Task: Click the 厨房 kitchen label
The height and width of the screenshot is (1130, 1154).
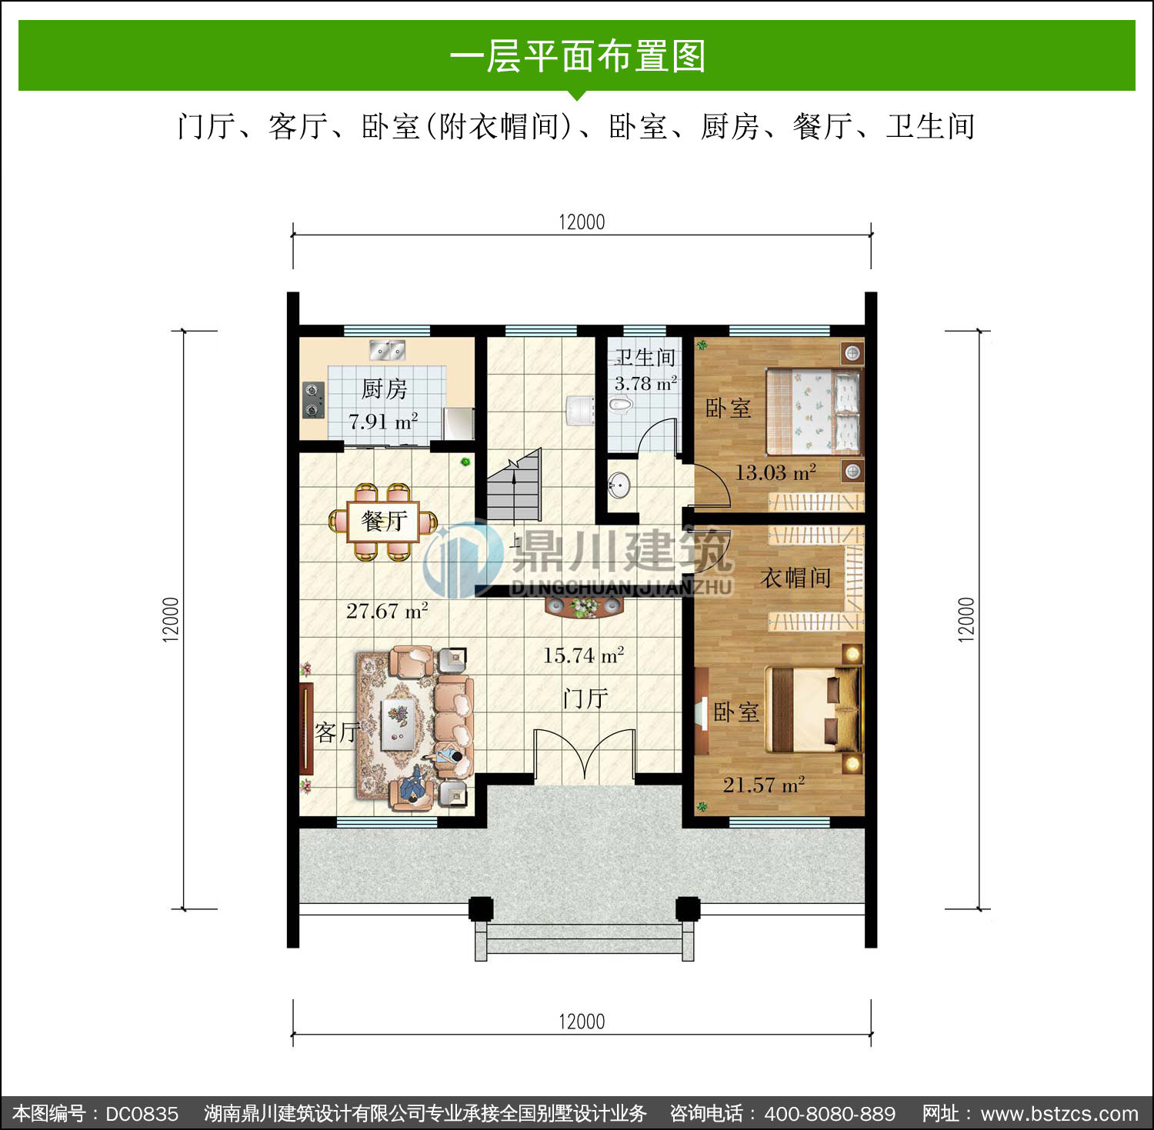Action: (384, 389)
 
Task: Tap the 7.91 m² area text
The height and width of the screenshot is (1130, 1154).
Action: (383, 421)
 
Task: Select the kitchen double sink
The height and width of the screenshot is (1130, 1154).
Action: (387, 350)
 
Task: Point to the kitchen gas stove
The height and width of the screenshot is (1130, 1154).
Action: (312, 399)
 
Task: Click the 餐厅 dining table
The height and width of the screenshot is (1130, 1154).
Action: (383, 522)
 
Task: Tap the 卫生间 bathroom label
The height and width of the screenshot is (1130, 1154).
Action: (645, 357)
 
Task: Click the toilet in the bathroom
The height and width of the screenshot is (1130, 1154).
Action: (619, 404)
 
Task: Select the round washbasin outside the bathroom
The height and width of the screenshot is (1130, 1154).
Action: (619, 485)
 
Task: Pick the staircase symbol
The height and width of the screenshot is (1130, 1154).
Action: (514, 485)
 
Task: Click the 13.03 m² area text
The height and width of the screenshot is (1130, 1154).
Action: (775, 472)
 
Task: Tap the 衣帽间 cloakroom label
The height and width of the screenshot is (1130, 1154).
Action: (795, 578)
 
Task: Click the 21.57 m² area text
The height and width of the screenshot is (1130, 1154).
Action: (764, 785)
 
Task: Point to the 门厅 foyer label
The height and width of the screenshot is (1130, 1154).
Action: (585, 698)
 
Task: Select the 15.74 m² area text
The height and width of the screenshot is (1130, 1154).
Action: (583, 655)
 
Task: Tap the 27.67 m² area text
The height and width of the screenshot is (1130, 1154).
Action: (387, 611)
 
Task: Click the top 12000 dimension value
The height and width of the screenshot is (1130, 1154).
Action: (582, 222)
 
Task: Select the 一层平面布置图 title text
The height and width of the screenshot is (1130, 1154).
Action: (577, 56)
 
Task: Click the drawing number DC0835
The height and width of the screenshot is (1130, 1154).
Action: (142, 1114)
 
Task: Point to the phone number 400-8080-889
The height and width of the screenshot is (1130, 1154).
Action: (830, 1114)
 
